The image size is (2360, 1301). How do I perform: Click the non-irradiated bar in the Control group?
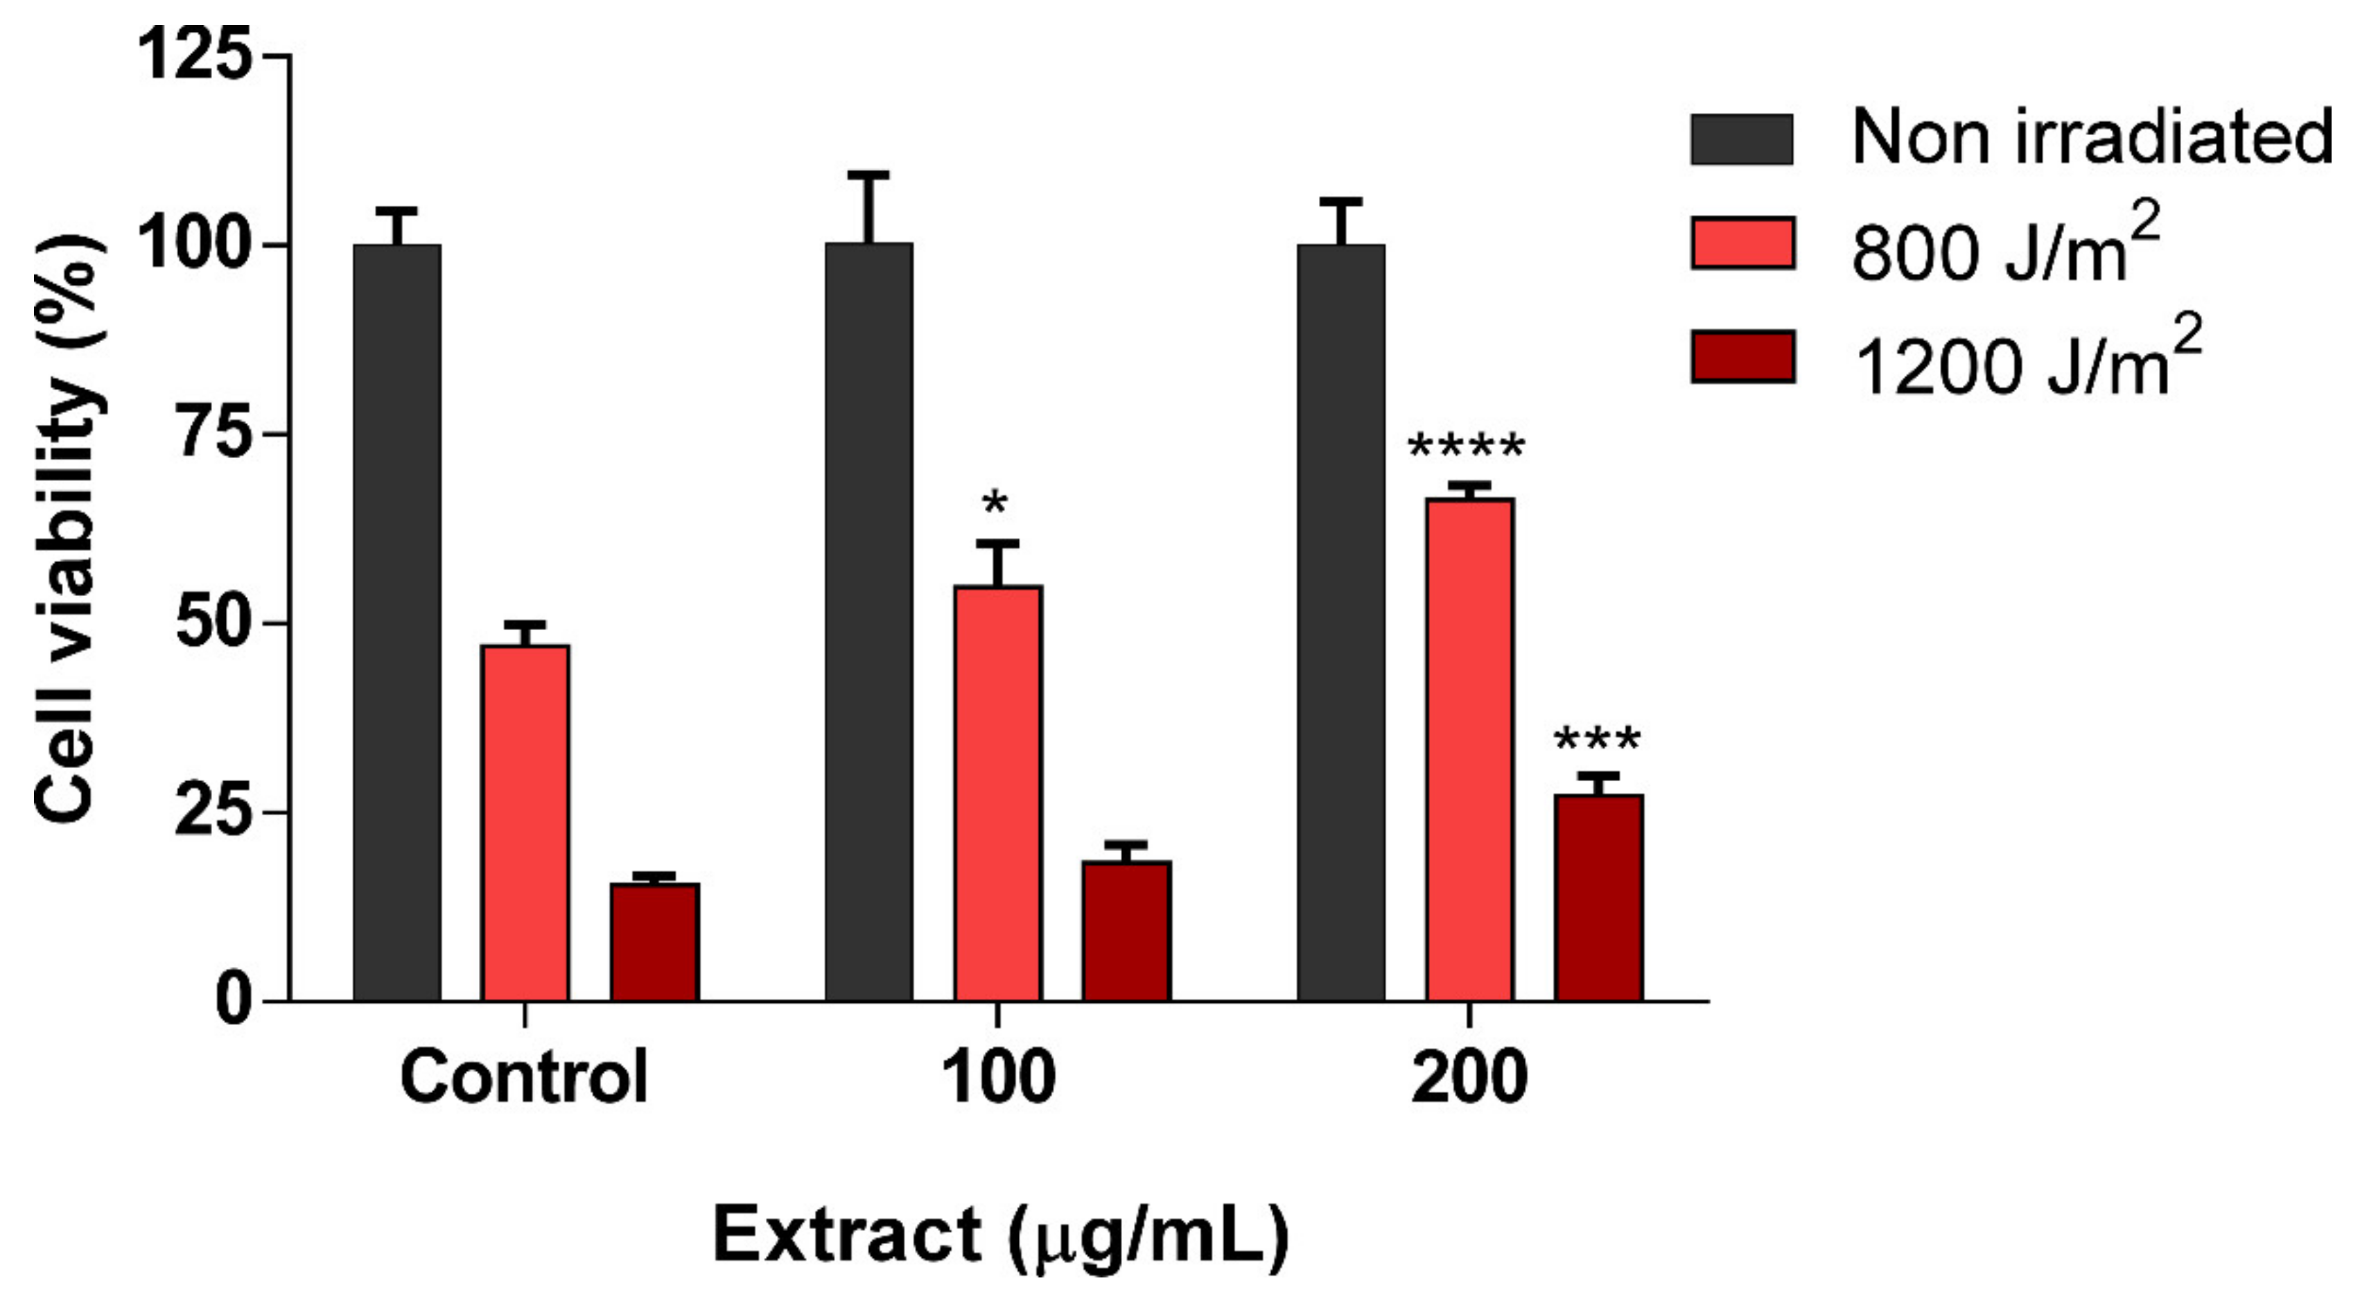point(396,623)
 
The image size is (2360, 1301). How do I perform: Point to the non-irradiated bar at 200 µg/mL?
point(1340,623)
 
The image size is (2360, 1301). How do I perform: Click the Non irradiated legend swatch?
point(1740,139)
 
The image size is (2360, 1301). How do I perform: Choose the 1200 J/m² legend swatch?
point(1740,358)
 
